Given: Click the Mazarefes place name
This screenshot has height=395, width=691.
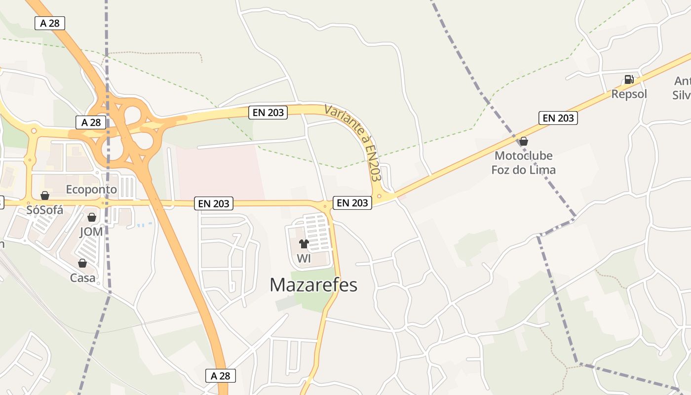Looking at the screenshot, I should (x=313, y=285).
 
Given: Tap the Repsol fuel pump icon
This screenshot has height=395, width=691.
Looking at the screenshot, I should (x=629, y=79).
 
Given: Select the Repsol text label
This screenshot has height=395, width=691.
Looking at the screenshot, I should (x=629, y=94).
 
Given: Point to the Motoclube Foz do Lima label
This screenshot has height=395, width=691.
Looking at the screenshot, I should (x=524, y=163).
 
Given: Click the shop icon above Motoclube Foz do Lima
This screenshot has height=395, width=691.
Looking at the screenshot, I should (x=524, y=142).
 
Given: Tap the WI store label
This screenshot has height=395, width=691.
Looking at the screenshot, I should (x=304, y=258).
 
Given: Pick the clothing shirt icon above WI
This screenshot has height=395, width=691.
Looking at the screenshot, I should (x=304, y=244).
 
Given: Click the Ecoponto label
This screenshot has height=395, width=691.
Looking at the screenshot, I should (x=91, y=190).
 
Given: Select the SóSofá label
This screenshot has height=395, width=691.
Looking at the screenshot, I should (x=45, y=210).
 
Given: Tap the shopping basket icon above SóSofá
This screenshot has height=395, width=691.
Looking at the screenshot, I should (x=45, y=196).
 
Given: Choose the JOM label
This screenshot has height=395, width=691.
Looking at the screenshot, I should (x=91, y=231).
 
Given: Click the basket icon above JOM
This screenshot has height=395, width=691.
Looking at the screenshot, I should (x=91, y=217).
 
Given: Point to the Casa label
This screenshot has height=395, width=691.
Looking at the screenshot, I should (x=82, y=277).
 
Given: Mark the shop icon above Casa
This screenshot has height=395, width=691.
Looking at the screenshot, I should (x=82, y=263).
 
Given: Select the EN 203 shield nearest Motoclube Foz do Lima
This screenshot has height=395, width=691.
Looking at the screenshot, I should (x=558, y=118).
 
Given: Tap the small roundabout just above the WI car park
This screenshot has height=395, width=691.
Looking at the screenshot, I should (x=325, y=205).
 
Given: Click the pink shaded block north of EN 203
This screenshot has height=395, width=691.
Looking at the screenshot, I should (x=217, y=173).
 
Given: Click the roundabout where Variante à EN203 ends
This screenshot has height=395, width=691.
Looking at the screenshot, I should (x=380, y=197).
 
